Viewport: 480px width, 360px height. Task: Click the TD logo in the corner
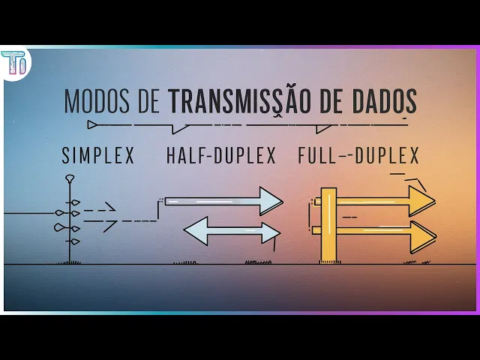pos(14,63)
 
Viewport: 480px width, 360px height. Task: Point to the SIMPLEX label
pos(97,156)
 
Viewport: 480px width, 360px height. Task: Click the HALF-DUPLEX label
pos(221,156)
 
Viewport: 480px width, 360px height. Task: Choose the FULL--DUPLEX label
pos(358,156)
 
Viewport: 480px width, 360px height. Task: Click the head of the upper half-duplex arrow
pos(270,201)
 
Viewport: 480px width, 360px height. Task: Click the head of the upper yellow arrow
pos(421,201)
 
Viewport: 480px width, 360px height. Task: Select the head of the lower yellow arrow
pos(423,236)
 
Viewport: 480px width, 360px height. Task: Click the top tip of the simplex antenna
pos(70,178)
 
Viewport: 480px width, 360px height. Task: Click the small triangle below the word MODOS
pos(92,124)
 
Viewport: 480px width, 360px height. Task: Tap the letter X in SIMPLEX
pos(129,156)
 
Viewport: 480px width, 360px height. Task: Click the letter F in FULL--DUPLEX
pos(302,156)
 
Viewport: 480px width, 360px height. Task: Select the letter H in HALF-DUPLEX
pos(171,156)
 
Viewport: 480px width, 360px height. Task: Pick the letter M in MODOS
pos(71,101)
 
